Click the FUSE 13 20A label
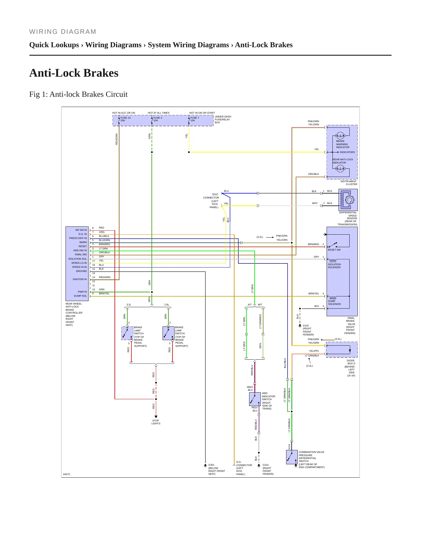pyautogui.click(x=126, y=119)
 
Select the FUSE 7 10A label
pyautogui.click(x=195, y=119)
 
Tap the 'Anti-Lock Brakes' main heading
pyautogui.click(x=74, y=73)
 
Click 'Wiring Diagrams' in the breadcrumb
pyautogui.click(x=113, y=45)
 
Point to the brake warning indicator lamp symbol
pyautogui.click(x=340, y=136)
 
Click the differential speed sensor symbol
pyautogui.click(x=348, y=200)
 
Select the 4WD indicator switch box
pyautogui.click(x=255, y=399)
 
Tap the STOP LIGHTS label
pyautogui.click(x=156, y=422)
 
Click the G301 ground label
pyautogui.click(x=211, y=465)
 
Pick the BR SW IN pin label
pyautogui.click(x=81, y=230)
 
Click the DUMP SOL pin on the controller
pyautogui.click(x=80, y=296)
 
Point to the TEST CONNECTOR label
pyautogui.click(x=211, y=196)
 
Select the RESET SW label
pyautogui.click(x=334, y=250)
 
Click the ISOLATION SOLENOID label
pyautogui.click(x=334, y=266)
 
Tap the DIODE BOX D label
pyautogui.click(x=351, y=362)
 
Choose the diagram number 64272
pyautogui.click(x=67, y=474)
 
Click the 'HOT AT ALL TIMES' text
pyautogui.click(x=158, y=113)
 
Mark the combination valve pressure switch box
pyautogui.click(x=292, y=457)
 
